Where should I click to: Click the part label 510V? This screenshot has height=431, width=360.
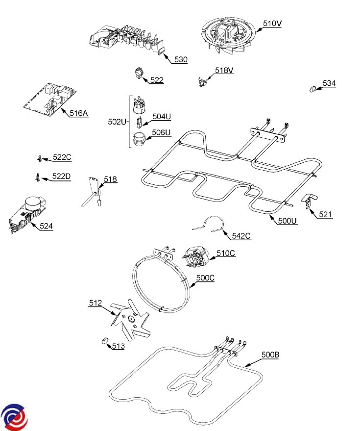272,24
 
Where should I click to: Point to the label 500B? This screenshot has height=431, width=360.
270,355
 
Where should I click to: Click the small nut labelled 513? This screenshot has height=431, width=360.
105,341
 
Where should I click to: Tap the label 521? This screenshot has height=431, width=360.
325,214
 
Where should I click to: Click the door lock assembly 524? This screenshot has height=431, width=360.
27,214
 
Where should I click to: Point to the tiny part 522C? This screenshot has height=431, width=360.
40,158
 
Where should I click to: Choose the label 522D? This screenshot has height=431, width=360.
62,176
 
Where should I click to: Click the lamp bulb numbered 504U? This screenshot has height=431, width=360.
140,122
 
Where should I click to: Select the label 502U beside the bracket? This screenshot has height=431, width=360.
117,122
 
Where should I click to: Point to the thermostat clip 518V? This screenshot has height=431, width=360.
203,81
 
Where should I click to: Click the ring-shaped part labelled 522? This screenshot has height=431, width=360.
140,73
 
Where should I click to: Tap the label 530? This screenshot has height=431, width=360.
181,60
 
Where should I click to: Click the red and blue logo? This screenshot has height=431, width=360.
14,417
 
